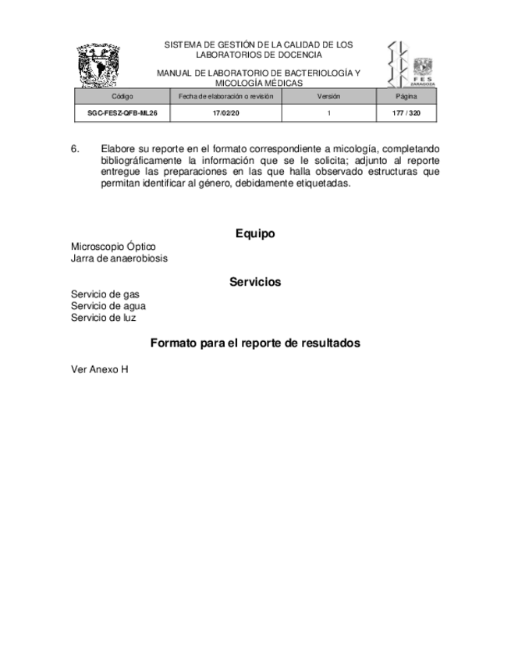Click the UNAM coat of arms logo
point(99,66)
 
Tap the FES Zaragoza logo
point(411,64)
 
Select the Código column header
point(122,96)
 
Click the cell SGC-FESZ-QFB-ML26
point(122,113)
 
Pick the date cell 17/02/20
point(225,113)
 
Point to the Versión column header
point(328,96)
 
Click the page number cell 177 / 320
point(406,113)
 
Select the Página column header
point(406,96)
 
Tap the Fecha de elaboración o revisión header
point(225,96)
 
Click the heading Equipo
point(255,233)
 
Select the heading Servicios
point(255,282)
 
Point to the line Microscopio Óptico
point(113,247)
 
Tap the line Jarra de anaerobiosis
point(119,258)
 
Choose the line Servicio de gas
point(105,294)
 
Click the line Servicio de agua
point(108,306)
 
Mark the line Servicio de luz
point(104,318)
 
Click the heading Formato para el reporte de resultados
point(255,343)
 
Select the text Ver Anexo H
point(99,368)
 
